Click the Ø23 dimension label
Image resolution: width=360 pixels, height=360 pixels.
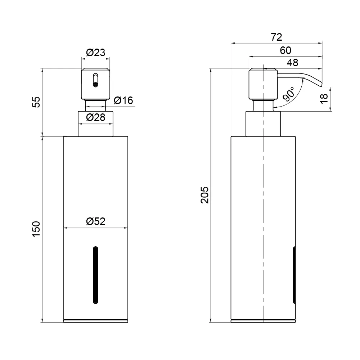pos(95,53)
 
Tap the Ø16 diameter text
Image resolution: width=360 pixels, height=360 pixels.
pos(123,100)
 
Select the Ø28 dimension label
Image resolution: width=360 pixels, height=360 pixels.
pos(95,117)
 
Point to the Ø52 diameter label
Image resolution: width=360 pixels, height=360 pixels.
pos(95,221)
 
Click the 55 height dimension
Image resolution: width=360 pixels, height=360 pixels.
pos(36,102)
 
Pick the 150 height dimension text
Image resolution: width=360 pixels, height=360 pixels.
pos(36,229)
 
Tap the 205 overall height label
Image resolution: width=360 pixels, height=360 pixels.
pos(204,195)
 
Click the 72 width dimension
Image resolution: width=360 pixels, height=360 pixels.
pos(276,37)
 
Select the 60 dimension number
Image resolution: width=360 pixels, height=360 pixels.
pos(285,50)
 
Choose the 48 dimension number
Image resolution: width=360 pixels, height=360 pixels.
pos(292,62)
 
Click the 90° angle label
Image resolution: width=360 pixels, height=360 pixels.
pos(289,94)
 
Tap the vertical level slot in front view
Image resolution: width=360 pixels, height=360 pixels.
pos(95,275)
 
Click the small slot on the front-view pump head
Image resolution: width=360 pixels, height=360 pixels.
pos(95,80)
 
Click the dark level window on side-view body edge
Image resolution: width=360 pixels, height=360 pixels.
pos(294,275)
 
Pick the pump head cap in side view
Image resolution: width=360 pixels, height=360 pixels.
pos(263,84)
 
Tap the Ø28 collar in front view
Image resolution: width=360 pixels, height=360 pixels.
pos(95,124)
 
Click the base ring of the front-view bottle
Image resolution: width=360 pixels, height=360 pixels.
pos(95,321)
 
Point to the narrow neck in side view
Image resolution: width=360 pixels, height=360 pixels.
pos(263,105)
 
